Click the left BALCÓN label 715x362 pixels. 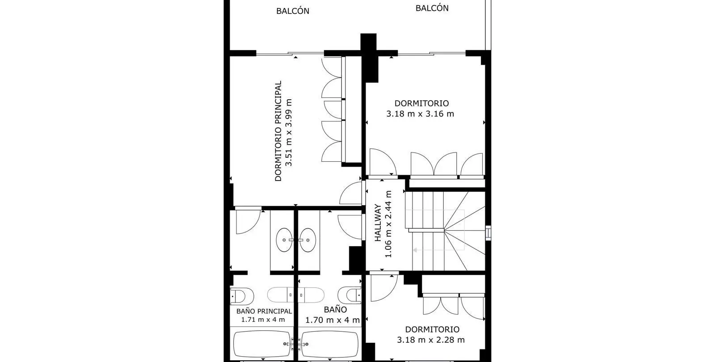point(293,11)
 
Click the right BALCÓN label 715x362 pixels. point(432,8)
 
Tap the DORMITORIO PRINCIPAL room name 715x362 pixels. point(278,131)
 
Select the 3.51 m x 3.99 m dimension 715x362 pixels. point(289,132)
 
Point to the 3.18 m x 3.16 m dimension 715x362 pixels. point(420,114)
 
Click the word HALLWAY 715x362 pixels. point(378,223)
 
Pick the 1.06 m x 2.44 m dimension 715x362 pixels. point(388,224)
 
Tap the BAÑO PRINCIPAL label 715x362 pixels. point(264,311)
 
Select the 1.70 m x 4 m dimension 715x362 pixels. point(332,320)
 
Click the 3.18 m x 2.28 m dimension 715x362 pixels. point(431,340)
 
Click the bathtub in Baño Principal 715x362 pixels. point(262,344)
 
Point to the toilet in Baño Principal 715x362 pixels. point(242,296)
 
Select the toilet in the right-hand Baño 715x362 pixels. point(349,295)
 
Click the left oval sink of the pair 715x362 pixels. point(284,240)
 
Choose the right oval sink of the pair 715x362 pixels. point(308,240)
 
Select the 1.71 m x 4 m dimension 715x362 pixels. point(263,320)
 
